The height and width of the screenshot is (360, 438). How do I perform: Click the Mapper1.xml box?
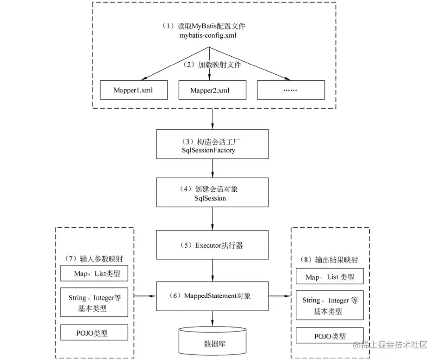(x=133, y=90)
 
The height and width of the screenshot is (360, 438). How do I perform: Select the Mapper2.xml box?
(x=212, y=90)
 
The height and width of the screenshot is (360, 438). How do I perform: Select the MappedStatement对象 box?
(x=213, y=295)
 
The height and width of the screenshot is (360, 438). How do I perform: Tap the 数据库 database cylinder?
(x=213, y=341)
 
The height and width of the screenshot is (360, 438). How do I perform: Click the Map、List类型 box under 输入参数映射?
(x=95, y=274)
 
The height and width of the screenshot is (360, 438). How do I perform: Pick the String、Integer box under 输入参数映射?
(x=95, y=302)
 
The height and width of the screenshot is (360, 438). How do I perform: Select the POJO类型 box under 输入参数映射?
(x=95, y=333)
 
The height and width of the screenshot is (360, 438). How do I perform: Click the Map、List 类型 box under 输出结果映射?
(x=330, y=277)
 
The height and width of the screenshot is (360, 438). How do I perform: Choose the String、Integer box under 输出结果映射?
(x=330, y=306)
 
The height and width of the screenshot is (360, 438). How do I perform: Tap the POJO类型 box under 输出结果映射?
(x=330, y=336)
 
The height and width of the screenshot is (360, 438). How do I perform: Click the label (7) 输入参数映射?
(x=95, y=258)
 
